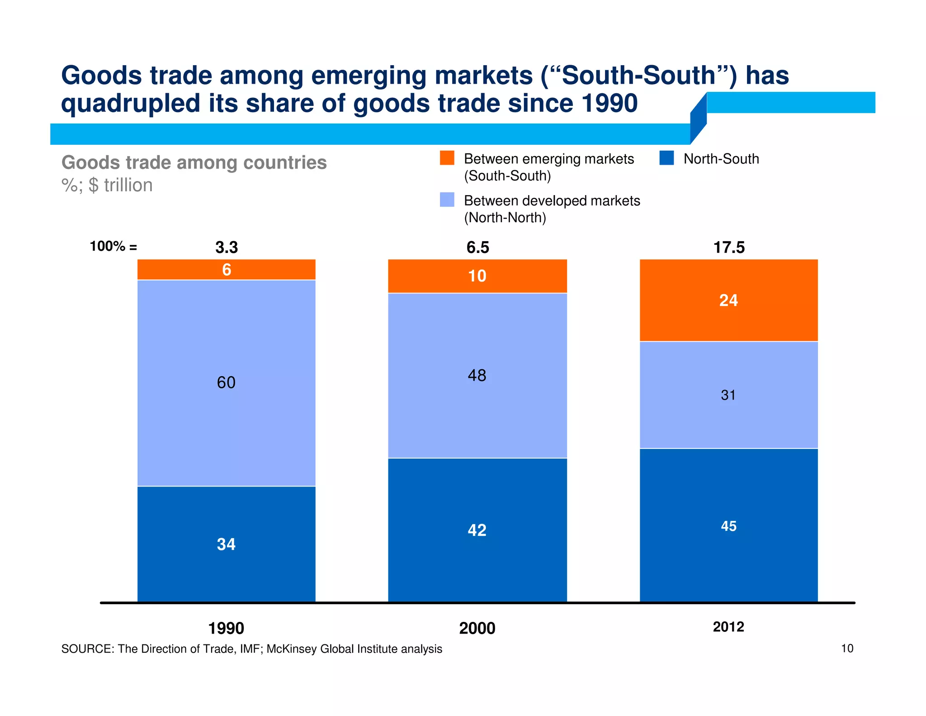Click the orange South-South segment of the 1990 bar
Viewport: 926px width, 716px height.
point(181,270)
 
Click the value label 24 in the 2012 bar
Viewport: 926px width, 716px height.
point(728,301)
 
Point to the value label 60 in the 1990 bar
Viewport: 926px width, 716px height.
point(226,383)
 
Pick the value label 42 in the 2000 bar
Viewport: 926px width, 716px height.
point(477,530)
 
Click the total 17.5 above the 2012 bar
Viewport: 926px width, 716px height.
point(729,248)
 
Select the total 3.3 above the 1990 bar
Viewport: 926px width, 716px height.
point(227,248)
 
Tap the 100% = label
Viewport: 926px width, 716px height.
point(113,247)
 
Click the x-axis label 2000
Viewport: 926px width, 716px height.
point(477,628)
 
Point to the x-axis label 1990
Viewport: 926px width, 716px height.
point(226,628)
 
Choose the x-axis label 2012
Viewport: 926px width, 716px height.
point(728,627)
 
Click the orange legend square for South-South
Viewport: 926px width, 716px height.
point(447,158)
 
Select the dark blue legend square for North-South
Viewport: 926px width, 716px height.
point(666,158)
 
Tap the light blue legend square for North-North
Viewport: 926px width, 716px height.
point(447,200)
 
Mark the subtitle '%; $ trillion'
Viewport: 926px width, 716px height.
point(107,185)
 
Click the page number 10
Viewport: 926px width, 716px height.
point(847,649)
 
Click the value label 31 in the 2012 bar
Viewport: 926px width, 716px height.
point(728,395)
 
